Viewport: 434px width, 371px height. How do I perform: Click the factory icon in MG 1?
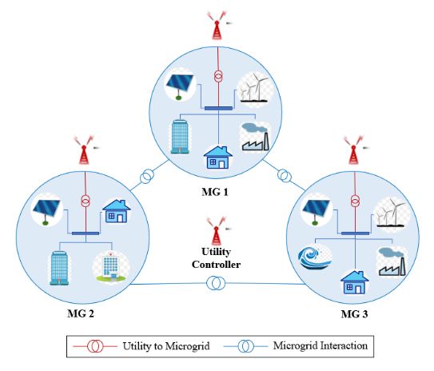tap(254, 135)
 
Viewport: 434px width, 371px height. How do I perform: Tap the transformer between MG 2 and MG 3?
tap(215, 282)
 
